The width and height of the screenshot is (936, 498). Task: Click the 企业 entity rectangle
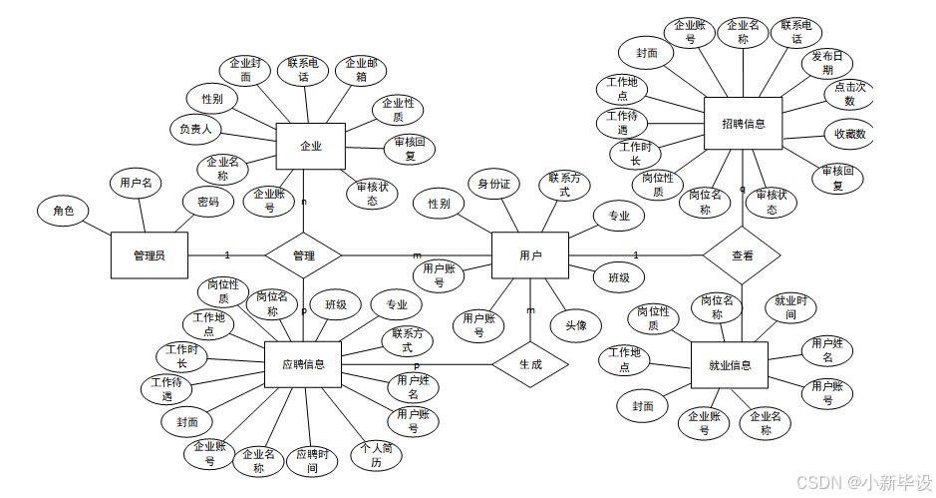click(310, 147)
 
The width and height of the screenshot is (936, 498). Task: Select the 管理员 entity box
click(149, 255)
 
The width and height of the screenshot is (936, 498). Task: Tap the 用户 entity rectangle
click(530, 255)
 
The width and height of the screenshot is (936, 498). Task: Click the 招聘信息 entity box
click(743, 124)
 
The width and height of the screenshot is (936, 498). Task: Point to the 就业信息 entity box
click(732, 364)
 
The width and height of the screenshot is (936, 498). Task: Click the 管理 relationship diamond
click(304, 255)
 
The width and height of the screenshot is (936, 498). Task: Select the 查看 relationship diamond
click(742, 255)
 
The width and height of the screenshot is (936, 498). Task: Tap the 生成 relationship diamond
click(529, 365)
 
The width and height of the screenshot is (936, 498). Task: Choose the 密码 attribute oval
click(207, 201)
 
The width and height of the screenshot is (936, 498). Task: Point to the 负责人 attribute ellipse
click(195, 130)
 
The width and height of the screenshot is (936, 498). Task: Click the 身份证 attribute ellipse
click(493, 184)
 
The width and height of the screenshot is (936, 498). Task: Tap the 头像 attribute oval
click(576, 325)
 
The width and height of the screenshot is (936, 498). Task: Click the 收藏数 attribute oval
click(850, 134)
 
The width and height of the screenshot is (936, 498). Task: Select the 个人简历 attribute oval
click(376, 455)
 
